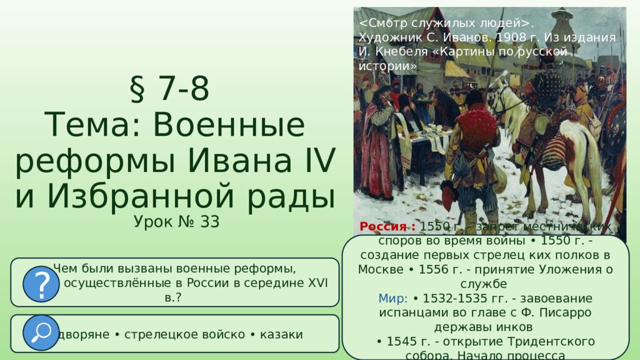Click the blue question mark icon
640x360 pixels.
pyautogui.click(x=41, y=283)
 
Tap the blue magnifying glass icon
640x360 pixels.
pyautogui.click(x=41, y=333)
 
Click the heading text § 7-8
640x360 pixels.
pyautogui.click(x=169, y=89)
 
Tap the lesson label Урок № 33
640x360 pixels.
pyautogui.click(x=176, y=222)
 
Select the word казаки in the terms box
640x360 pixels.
pyautogui.click(x=279, y=334)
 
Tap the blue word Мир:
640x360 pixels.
pyautogui.click(x=393, y=298)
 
